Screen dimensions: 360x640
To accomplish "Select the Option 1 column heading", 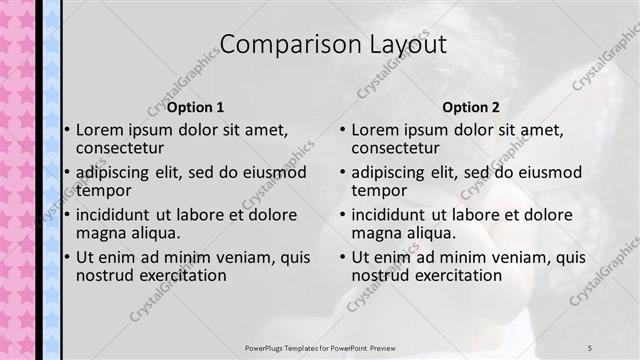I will click(x=195, y=107).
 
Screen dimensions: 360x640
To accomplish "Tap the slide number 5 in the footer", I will click(x=590, y=347).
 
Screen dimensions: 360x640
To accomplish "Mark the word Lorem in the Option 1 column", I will click(x=99, y=130).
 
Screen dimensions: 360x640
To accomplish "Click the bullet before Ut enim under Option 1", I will click(x=66, y=257).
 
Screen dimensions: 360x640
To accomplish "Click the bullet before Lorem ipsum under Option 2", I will click(x=342, y=130).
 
